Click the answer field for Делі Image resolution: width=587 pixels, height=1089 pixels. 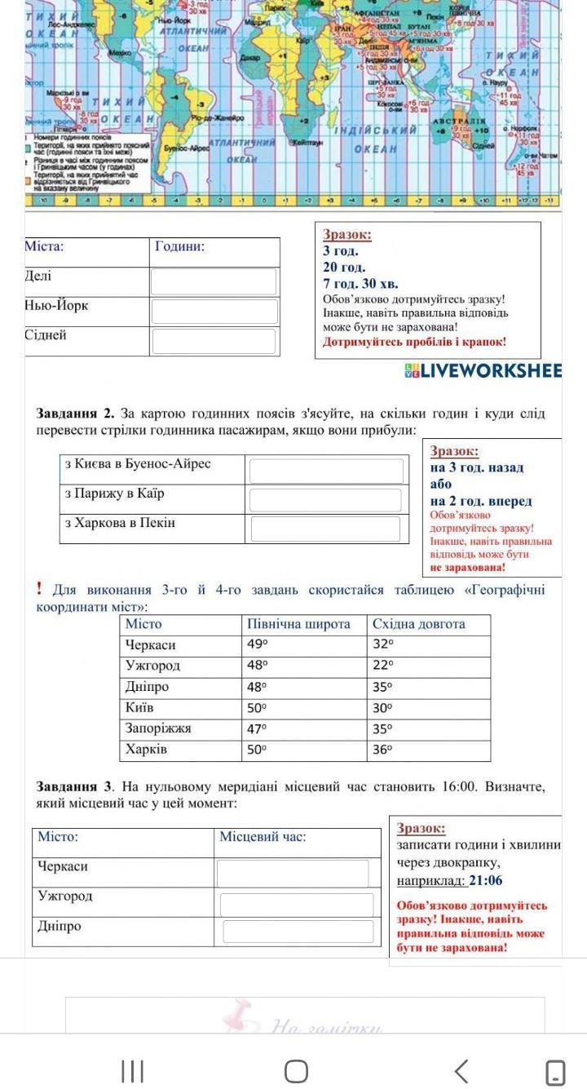click(214, 281)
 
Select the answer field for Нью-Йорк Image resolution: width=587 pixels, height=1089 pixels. click(214, 311)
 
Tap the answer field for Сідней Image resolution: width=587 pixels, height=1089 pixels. click(214, 341)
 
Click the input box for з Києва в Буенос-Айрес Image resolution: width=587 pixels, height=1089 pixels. click(326, 471)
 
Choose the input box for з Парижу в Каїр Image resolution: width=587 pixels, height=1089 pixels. click(325, 500)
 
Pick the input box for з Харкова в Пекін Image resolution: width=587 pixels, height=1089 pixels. click(325, 529)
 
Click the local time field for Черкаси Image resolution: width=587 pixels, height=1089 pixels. click(293, 873)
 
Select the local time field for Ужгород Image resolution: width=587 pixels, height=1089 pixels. click(297, 904)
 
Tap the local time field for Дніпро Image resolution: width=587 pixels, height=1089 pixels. click(298, 932)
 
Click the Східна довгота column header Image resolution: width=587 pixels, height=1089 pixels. click(419, 624)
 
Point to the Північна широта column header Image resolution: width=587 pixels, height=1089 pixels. click(298, 624)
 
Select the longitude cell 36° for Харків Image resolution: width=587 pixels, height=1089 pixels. click(382, 750)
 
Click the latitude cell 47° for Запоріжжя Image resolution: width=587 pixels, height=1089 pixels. click(258, 728)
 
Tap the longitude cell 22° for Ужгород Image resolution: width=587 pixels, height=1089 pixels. click(382, 666)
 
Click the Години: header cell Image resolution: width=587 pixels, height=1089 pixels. click(179, 246)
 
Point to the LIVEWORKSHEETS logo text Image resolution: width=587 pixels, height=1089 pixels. click(490, 371)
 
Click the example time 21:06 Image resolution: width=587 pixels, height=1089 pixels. click(486, 880)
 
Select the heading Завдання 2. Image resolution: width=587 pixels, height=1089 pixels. click(74, 414)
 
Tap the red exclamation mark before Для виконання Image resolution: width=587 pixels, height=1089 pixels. click(39, 589)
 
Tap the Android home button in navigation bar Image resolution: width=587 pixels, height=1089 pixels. click(296, 1071)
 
